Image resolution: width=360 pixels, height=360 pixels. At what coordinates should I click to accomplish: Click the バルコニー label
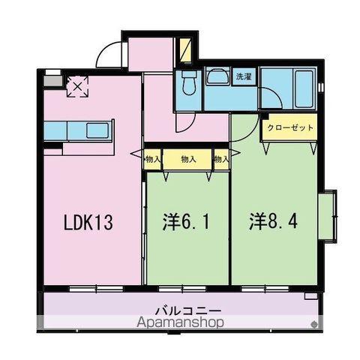click(x=180, y=309)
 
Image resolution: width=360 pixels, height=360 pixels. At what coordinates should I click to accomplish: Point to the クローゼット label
click(x=288, y=127)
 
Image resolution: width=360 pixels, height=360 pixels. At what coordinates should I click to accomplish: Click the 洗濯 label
click(x=244, y=76)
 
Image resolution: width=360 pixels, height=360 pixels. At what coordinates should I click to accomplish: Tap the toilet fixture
click(x=188, y=82)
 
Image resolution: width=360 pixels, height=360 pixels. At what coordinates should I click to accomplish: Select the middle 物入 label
click(x=187, y=159)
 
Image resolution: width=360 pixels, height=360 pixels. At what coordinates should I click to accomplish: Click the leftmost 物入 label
click(x=152, y=159)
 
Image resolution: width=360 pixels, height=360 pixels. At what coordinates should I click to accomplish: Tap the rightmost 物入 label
click(x=220, y=159)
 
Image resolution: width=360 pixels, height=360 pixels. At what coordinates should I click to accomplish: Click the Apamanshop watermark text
click(x=180, y=322)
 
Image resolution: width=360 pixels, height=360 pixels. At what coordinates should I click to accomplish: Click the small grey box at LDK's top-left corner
click(x=52, y=75)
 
